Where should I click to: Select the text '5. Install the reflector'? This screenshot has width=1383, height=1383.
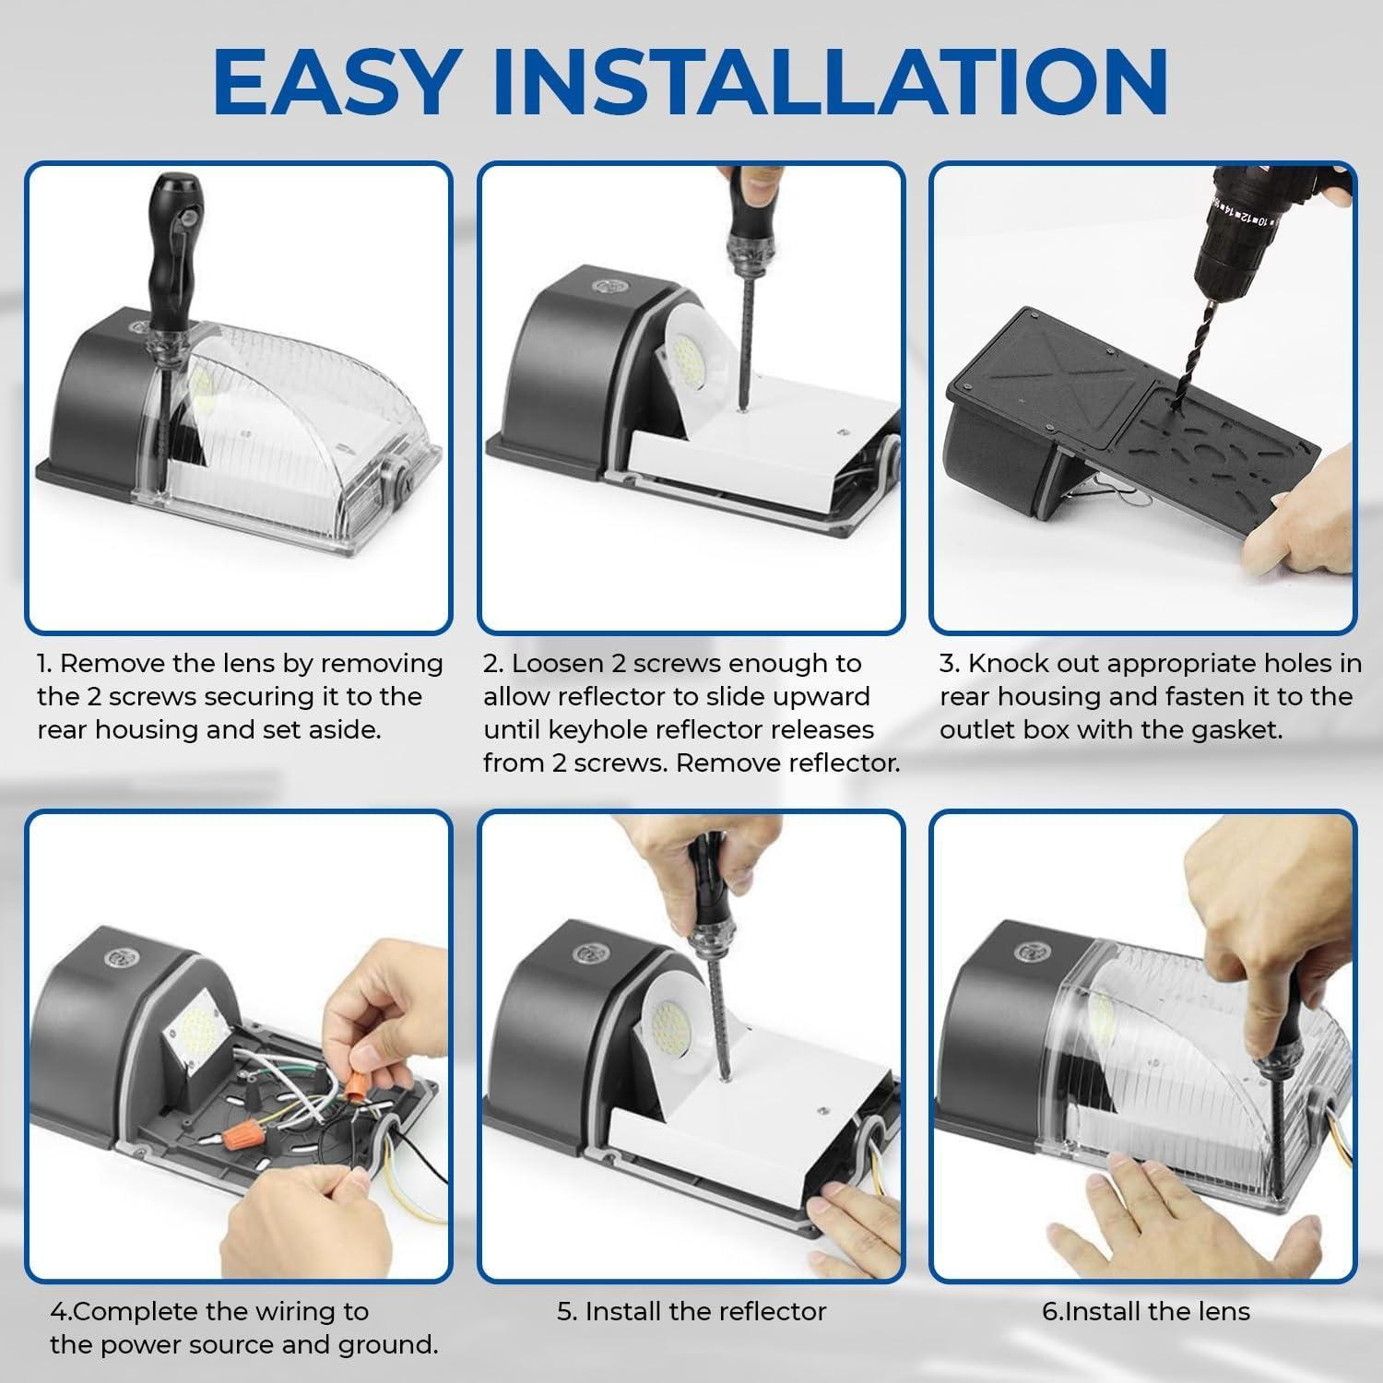click(x=691, y=1311)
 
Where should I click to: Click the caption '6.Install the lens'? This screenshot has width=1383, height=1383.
click(x=1145, y=1311)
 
